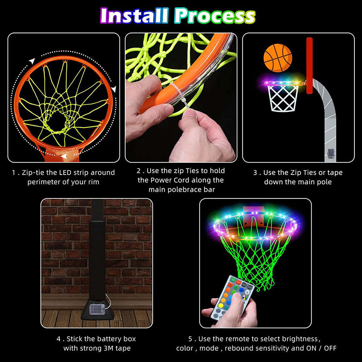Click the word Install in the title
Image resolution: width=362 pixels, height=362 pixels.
[x=134, y=16]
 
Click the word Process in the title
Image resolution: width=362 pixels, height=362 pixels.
[x=215, y=16]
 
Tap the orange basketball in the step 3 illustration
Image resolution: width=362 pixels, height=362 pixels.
[x=278, y=58]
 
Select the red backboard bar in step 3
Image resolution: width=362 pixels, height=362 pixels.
[x=309, y=65]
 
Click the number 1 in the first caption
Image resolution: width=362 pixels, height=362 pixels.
[x=13, y=173]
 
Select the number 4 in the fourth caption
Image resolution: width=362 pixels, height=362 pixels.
[x=58, y=339]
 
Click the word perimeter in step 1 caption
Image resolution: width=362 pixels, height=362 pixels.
[x=43, y=182]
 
